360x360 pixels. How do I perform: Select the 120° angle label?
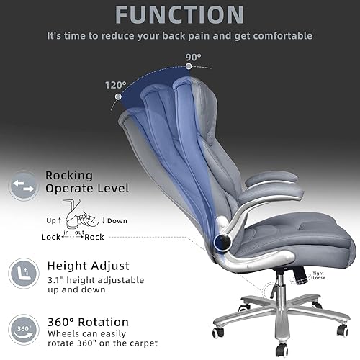pyautogui.click(x=115, y=84)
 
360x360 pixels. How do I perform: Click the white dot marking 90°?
pyautogui.click(x=189, y=66)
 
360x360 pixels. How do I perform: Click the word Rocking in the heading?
pyautogui.click(x=69, y=175)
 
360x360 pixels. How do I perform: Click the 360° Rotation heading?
pyautogui.click(x=87, y=321)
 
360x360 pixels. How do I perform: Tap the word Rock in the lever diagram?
pyautogui.click(x=94, y=237)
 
